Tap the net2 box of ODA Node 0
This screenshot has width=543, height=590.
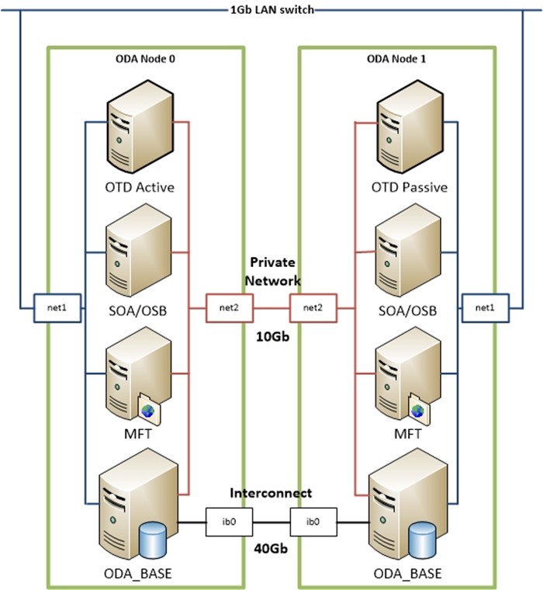pos(230,308)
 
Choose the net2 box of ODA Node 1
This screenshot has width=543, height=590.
pos(312,308)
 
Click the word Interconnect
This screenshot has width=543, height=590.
pos(271,493)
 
